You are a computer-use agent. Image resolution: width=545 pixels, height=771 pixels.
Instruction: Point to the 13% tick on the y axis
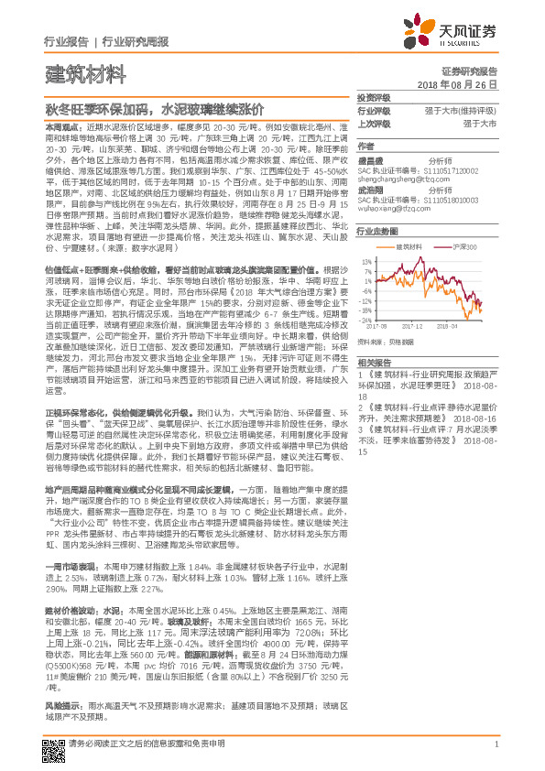(366, 261)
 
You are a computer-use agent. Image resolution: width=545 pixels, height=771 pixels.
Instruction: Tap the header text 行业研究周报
(135, 42)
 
